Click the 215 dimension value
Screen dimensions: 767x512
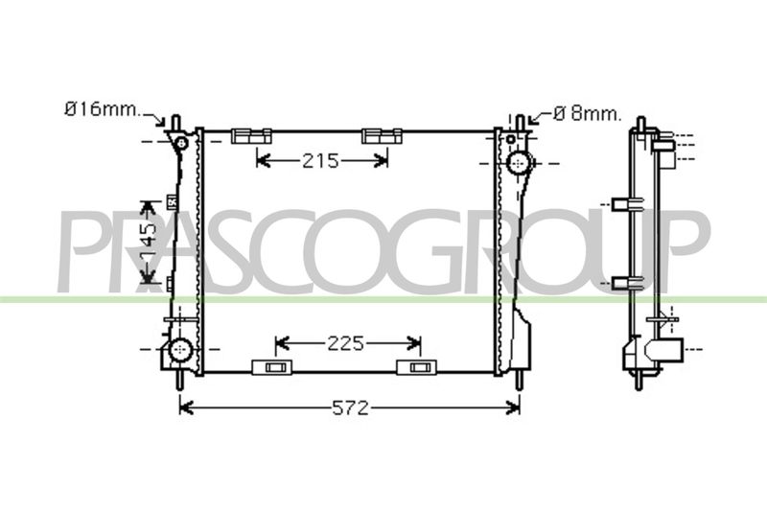320,160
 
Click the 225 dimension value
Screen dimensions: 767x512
346,344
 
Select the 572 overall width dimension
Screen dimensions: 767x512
350,407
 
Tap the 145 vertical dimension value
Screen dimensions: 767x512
148,242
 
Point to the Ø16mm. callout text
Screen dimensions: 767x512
103,109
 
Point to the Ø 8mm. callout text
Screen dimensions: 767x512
588,114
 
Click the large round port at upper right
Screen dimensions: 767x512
519,163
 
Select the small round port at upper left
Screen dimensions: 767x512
181,143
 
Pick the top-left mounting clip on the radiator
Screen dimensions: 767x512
251,135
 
